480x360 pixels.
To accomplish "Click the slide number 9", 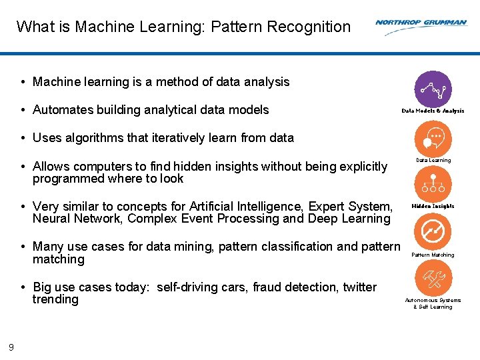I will pyautogui.click(x=11, y=347).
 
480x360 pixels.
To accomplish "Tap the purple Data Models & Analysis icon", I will pyautogui.click(x=433, y=89).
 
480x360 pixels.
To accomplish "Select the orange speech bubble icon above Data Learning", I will pyautogui.click(x=433, y=139).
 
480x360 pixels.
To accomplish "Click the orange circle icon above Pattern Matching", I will pyautogui.click(x=433, y=232).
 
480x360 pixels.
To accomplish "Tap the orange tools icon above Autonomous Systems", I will pyautogui.click(x=433, y=277).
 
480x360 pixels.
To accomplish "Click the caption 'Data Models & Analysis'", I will pyautogui.click(x=433, y=111).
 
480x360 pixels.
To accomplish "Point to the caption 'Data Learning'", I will pyautogui.click(x=433, y=160).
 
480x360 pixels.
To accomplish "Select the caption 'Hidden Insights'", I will pyautogui.click(x=433, y=206).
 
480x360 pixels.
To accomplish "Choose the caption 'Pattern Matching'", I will pyautogui.click(x=433, y=255).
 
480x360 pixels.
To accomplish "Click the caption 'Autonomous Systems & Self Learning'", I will pyautogui.click(x=433, y=303).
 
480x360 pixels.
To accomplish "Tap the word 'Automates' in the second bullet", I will pyautogui.click(x=61, y=110).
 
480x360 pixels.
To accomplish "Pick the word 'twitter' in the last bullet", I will pyautogui.click(x=359, y=287).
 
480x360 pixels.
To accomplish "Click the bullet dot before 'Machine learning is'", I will pyautogui.click(x=23, y=82).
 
